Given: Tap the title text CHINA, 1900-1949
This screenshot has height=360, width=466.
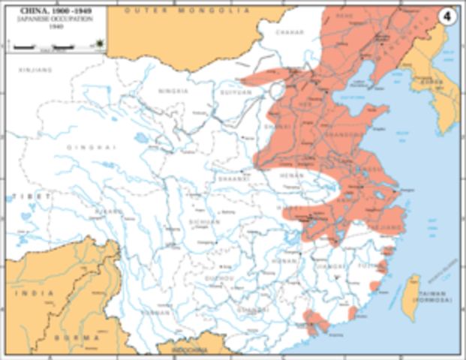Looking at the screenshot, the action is coord(57,13).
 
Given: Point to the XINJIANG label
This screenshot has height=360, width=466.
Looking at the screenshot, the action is coord(31,69).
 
